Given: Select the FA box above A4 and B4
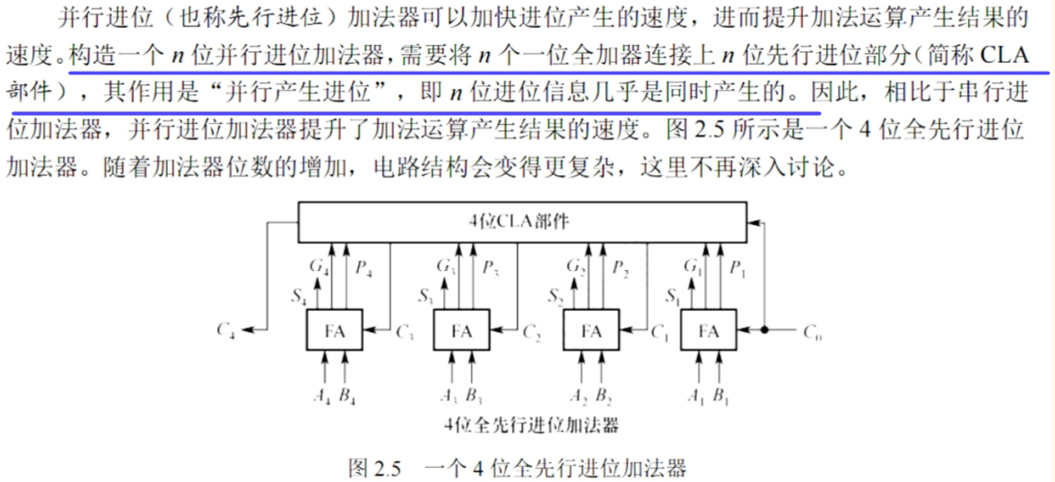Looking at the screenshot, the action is tap(335, 331).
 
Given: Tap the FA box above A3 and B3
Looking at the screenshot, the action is tap(462, 331).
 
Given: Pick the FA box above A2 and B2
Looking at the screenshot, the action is tap(590, 331).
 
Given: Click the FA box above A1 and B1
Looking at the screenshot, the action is tap(709, 331).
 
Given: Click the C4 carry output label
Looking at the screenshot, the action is tap(227, 330).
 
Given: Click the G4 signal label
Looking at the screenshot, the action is tap(318, 266).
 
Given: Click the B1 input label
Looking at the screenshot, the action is tap(721, 396).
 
